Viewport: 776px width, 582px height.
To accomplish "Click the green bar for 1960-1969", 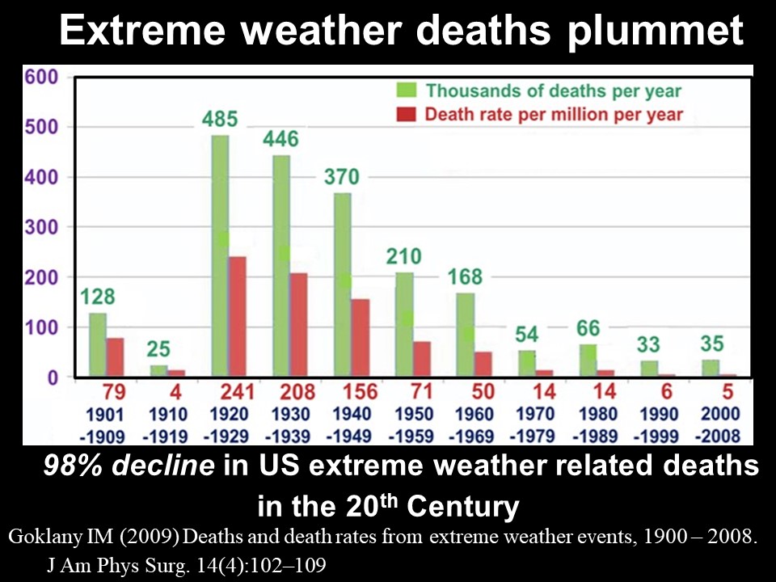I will tap(466, 335).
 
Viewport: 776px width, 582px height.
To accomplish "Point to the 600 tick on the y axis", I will tap(40, 77).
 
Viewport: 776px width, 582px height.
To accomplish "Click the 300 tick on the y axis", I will tap(40, 227).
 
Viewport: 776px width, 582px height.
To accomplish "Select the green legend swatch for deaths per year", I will tap(406, 91).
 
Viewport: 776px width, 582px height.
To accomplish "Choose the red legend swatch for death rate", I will tap(406, 114).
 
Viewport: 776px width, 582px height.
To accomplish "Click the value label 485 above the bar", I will tap(220, 119).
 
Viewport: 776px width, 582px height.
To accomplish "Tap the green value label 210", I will tap(403, 257).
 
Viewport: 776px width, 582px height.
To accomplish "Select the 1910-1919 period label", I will tap(169, 425).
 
